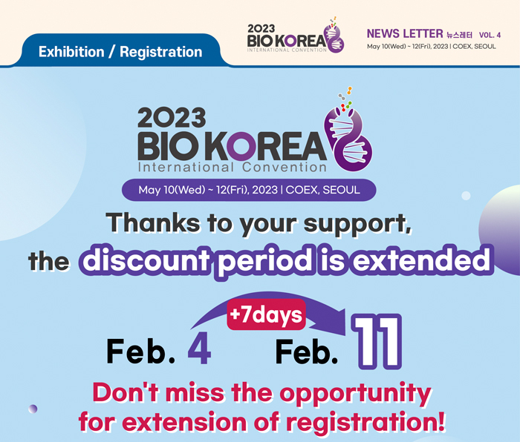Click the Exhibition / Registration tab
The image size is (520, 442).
pos(120,52)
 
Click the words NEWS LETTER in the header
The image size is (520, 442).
pos(404,33)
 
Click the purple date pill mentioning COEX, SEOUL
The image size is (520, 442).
pos(249,190)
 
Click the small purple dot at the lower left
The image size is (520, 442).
pos(33,408)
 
